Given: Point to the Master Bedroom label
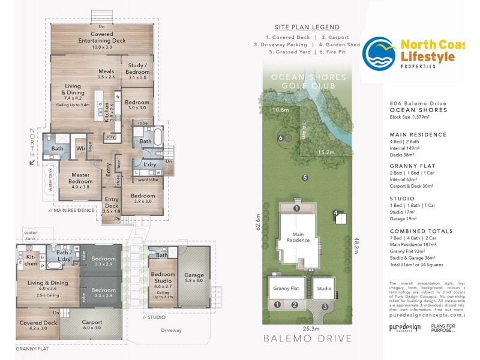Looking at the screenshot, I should (x=80, y=178).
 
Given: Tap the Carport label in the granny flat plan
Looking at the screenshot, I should (x=92, y=324).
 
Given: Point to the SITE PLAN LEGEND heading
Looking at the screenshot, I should (x=307, y=28).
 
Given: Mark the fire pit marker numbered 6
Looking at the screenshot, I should (x=280, y=138).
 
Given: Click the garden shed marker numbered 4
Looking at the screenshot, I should (x=337, y=213).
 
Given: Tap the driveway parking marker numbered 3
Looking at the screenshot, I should (x=325, y=307).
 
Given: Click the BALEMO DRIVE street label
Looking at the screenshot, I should (x=307, y=339).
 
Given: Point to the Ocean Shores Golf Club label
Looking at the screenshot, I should (x=308, y=82).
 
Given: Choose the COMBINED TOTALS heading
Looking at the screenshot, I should (x=417, y=231).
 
